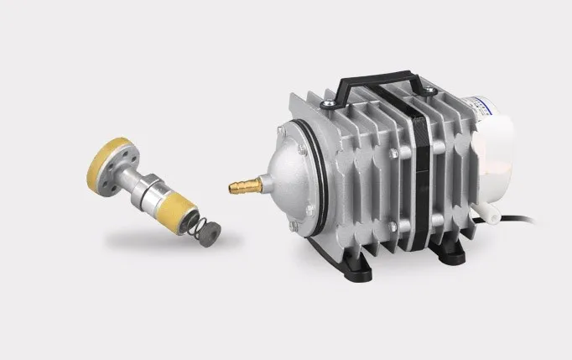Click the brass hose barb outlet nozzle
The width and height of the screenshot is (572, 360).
tap(243, 182)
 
